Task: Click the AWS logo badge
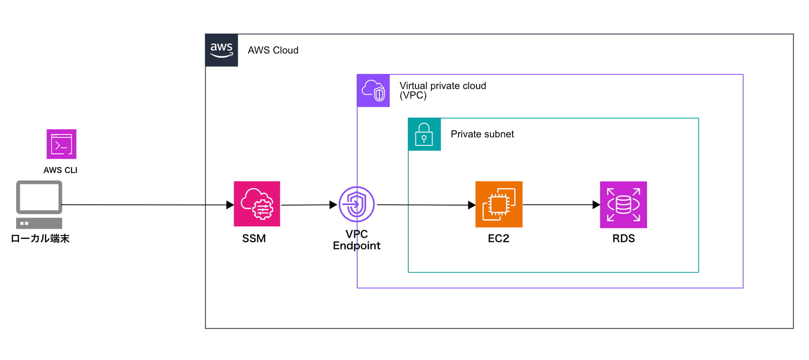pos(222,50)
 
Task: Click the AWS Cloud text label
pos(273,50)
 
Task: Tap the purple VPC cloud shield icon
pos(373,90)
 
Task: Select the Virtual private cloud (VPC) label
pos(442,90)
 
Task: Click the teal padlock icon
pos(424,135)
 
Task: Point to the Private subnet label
pos(482,134)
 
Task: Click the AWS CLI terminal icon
pos(62,144)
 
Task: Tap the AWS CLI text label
pos(60,170)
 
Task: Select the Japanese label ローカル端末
pos(40,238)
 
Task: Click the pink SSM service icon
pos(257,204)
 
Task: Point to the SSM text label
pos(254,238)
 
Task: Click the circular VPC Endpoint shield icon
pos(357,204)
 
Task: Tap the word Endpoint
pos(357,246)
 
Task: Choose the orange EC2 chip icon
pos(499,204)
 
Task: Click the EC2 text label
pos(498,238)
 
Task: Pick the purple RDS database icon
pos(623,205)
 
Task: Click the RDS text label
pos(623,238)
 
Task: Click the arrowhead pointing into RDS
pos(596,205)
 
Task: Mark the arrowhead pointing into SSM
pos(230,205)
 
